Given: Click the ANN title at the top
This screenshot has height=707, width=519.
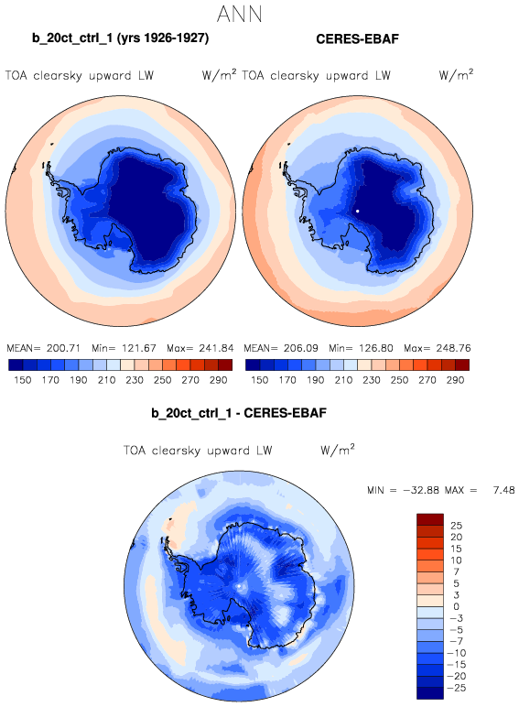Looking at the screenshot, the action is click(239, 14).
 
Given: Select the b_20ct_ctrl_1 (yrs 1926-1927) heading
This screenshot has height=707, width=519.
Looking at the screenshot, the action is click(120, 38).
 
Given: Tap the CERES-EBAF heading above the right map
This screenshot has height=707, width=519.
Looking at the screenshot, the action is click(357, 39).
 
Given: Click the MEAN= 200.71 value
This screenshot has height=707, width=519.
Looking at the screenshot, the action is click(43, 348).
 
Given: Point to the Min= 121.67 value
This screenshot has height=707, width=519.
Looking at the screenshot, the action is click(124, 348).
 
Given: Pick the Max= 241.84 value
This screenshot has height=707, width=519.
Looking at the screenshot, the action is click(200, 348).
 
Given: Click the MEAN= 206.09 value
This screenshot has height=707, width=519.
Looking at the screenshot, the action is click(281, 348).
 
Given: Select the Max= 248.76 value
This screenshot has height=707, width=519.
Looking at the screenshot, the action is click(437, 348).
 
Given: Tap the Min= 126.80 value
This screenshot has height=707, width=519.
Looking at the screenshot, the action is click(361, 348).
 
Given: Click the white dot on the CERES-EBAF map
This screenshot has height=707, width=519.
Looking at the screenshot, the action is click(357, 211).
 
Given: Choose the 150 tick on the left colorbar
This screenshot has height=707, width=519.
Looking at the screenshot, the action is click(23, 380).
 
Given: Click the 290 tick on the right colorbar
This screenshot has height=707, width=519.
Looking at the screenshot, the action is click(455, 380).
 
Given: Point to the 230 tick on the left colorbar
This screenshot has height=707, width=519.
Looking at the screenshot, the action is click(135, 380).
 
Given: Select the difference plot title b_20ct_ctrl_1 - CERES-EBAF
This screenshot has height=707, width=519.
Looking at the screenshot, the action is click(239, 413).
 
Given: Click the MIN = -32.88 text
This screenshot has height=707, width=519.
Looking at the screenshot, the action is click(404, 490).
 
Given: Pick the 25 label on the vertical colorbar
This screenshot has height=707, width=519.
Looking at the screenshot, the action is click(456, 526).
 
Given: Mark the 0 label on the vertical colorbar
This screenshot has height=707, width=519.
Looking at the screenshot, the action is click(456, 606).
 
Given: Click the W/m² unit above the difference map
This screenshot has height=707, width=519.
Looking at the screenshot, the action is click(338, 450).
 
